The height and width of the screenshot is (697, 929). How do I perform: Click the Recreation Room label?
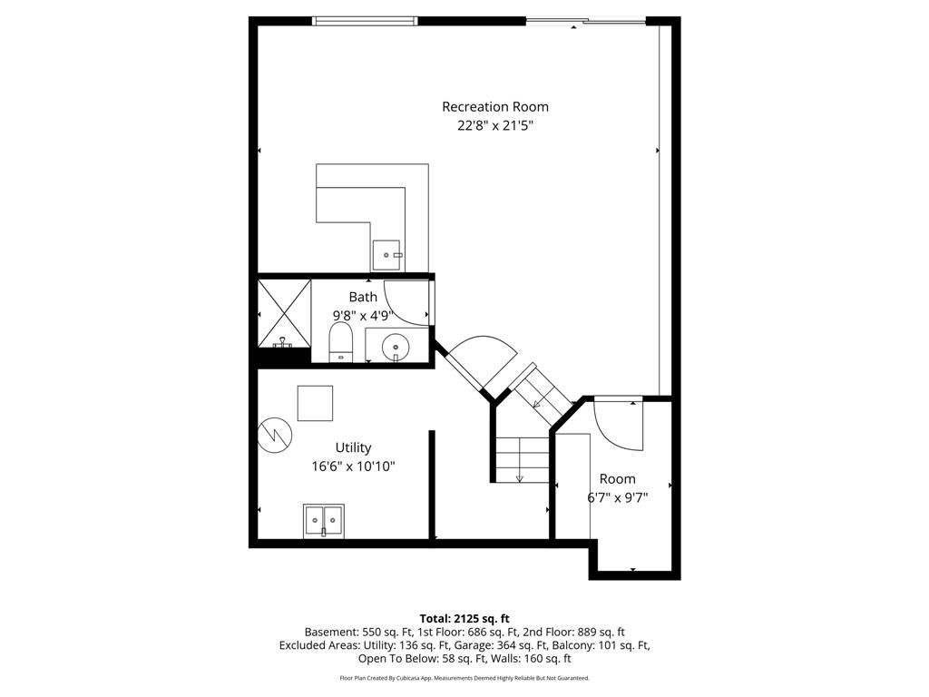494,107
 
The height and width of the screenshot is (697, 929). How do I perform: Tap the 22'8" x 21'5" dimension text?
494,126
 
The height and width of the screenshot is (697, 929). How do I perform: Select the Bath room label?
363,297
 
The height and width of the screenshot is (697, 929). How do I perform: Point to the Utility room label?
353,447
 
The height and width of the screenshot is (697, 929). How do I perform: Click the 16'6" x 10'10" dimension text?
353,466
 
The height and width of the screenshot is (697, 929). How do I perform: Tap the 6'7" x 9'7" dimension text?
617,497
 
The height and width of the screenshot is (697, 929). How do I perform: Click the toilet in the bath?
340,342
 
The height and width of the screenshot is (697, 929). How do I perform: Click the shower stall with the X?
284,314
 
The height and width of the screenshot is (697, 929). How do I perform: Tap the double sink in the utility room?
324,520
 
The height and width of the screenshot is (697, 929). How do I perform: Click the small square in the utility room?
315,403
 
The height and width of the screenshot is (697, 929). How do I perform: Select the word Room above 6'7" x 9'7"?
617,478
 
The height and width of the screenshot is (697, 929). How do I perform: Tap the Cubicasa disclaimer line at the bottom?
464,678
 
